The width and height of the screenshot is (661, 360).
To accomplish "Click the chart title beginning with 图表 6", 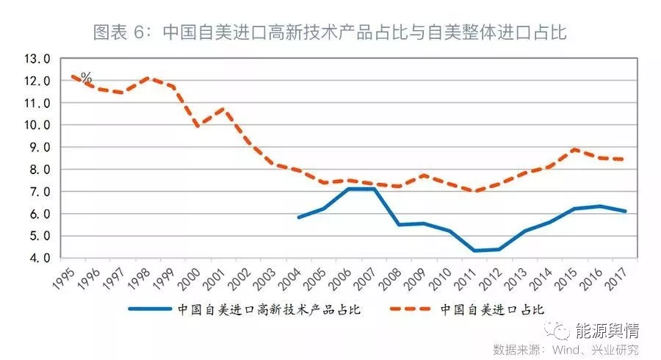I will pyautogui.click(x=330, y=32).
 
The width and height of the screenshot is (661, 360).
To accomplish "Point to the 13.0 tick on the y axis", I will pyautogui.click(x=37, y=59).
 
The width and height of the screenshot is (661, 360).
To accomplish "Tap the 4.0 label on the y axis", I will pyautogui.click(x=37, y=259).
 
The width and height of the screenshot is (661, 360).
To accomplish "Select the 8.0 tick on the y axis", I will pyautogui.click(x=37, y=170).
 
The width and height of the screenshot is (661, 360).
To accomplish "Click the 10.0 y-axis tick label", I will pyautogui.click(x=37, y=126).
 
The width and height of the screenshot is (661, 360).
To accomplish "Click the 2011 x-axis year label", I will pyautogui.click(x=466, y=277).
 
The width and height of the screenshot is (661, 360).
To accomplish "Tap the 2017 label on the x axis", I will pyautogui.click(x=615, y=277).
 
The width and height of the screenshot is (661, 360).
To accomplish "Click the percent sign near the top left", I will pyautogui.click(x=86, y=77).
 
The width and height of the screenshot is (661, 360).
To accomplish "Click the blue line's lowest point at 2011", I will pyautogui.click(x=474, y=251).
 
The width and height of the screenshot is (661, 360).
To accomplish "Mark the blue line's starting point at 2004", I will pyautogui.click(x=298, y=217).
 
